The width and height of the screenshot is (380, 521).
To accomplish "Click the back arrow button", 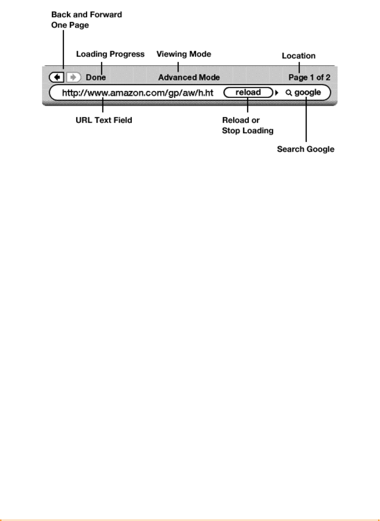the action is coord(57,77).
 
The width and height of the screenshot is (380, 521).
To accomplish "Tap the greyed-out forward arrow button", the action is coord(73,77).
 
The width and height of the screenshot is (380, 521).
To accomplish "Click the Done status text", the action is coord(96,77).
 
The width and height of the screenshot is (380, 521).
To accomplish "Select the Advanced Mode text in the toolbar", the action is coord(189,77).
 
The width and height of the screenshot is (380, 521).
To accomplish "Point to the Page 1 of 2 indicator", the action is coord(309,77).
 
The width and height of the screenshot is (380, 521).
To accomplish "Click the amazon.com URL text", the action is coord(137,93).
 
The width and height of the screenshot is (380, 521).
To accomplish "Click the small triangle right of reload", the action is coord(277,93).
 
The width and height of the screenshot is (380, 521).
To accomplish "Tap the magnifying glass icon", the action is coord(289,93).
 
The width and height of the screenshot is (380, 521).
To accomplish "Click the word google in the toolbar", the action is coord(307,92).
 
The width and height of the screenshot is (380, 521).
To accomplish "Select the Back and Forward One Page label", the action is coord(86,20).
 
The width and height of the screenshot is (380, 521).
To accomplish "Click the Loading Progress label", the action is coord(110,54).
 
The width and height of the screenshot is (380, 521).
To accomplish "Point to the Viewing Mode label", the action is coord(184,54).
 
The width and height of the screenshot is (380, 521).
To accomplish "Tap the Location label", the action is coord(298,56).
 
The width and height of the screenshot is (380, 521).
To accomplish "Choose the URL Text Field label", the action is coord(104,120).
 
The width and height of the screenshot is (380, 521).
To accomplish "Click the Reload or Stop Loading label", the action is coord(247,126).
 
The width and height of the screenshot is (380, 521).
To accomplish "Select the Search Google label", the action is coord(306,149).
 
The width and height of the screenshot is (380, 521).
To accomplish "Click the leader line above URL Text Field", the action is coord(103,105).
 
